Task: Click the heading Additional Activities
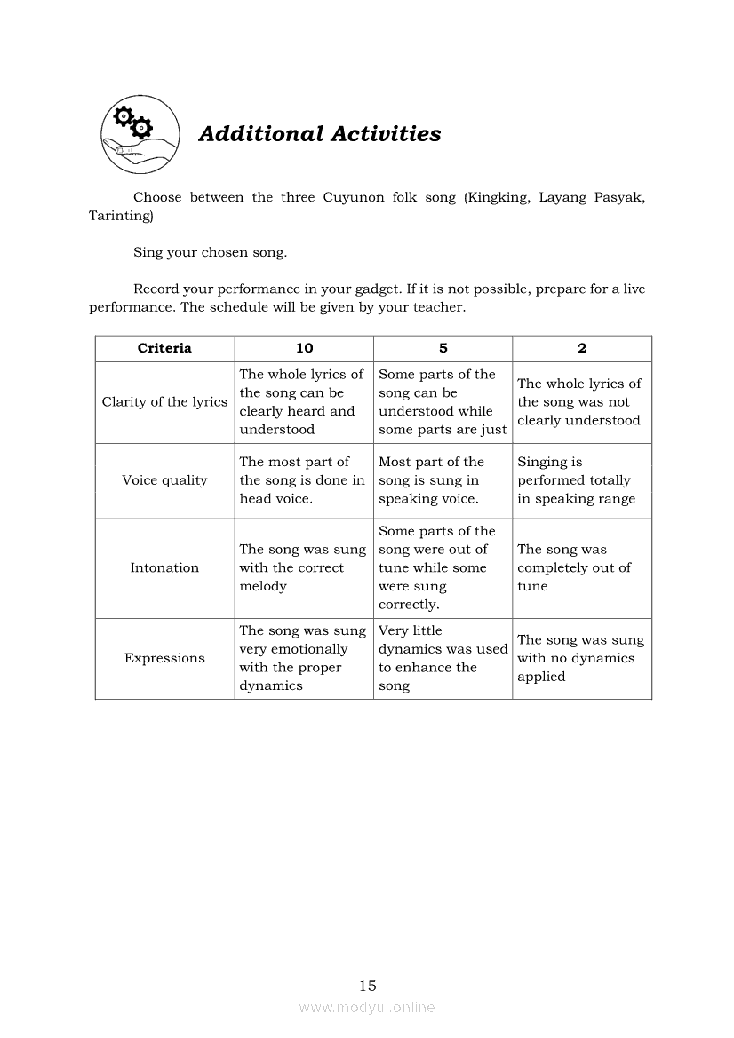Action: [x=319, y=134]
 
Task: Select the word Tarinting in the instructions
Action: [x=121, y=216]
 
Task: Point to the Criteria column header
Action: [x=164, y=348]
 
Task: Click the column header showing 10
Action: [x=304, y=348]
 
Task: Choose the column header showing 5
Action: [x=443, y=348]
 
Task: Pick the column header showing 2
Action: [x=582, y=348]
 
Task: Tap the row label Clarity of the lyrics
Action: [x=164, y=402]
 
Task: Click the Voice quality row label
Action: [x=164, y=480]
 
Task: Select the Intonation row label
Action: [x=164, y=567]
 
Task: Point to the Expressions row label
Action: [x=164, y=658]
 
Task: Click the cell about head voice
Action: [x=302, y=480]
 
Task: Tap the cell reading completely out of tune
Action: [x=574, y=567]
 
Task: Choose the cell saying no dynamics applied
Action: [x=580, y=658]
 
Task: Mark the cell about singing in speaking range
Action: [x=576, y=480]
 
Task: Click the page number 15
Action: [x=368, y=985]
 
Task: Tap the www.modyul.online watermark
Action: [x=367, y=1007]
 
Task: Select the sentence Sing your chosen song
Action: [x=211, y=252]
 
